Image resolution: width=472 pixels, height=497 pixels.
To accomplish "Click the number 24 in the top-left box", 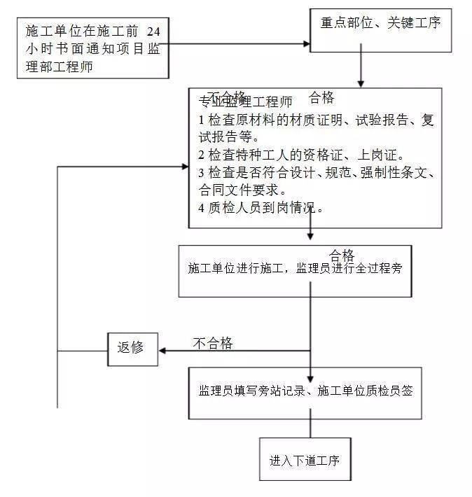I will [160, 32].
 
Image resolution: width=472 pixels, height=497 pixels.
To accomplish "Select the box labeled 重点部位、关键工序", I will [380, 30].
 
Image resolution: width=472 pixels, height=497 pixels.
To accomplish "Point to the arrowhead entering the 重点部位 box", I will [305, 43].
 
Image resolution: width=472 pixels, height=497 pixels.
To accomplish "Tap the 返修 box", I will [131, 347].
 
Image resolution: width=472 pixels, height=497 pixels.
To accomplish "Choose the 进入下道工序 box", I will [304, 460].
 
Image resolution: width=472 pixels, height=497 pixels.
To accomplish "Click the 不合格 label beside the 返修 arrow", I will [213, 342].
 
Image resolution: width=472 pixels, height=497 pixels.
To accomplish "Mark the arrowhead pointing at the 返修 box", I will [162, 351].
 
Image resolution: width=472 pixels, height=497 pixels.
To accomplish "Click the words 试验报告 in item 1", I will [380, 120].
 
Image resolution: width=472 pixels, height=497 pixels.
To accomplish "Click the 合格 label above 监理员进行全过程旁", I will [342, 254].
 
